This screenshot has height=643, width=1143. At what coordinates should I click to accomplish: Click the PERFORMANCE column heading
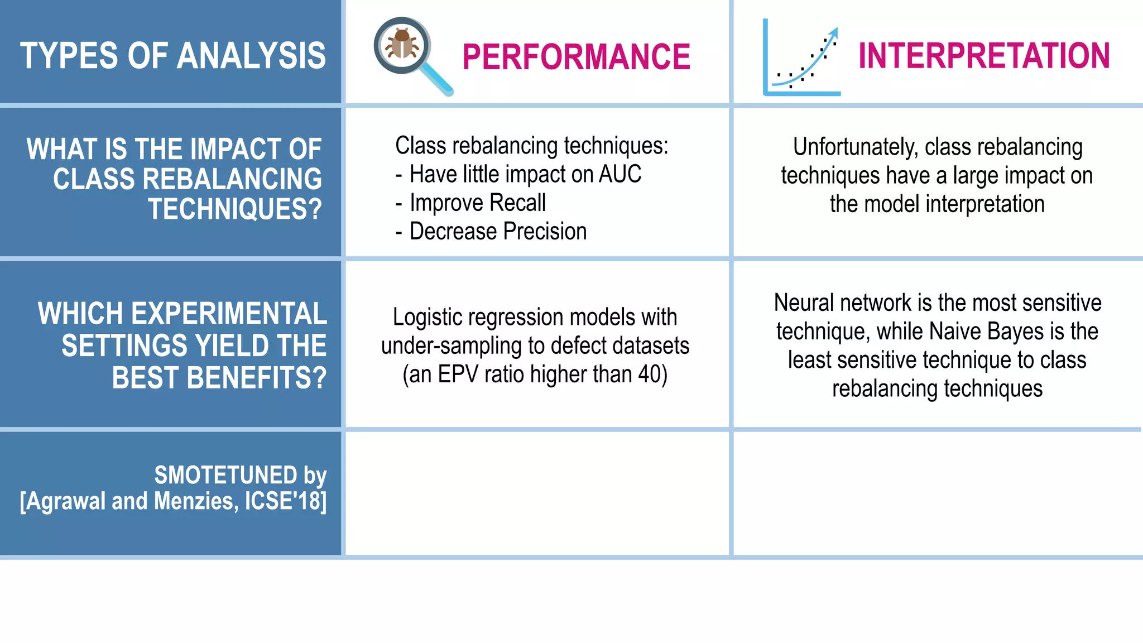pos(576,57)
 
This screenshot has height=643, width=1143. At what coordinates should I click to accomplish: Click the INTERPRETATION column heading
pos(983,56)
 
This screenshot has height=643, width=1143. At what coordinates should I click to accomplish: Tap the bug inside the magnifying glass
pos(402,45)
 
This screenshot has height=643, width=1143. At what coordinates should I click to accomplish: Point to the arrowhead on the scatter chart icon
pos(833,32)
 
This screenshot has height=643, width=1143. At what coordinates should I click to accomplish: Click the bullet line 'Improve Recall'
pos(477,203)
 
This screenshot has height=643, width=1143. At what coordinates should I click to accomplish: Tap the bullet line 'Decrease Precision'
pos(497,232)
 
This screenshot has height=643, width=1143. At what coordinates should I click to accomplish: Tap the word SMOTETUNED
pos(225,476)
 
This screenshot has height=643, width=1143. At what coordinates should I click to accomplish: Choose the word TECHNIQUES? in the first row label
pos(235,209)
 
